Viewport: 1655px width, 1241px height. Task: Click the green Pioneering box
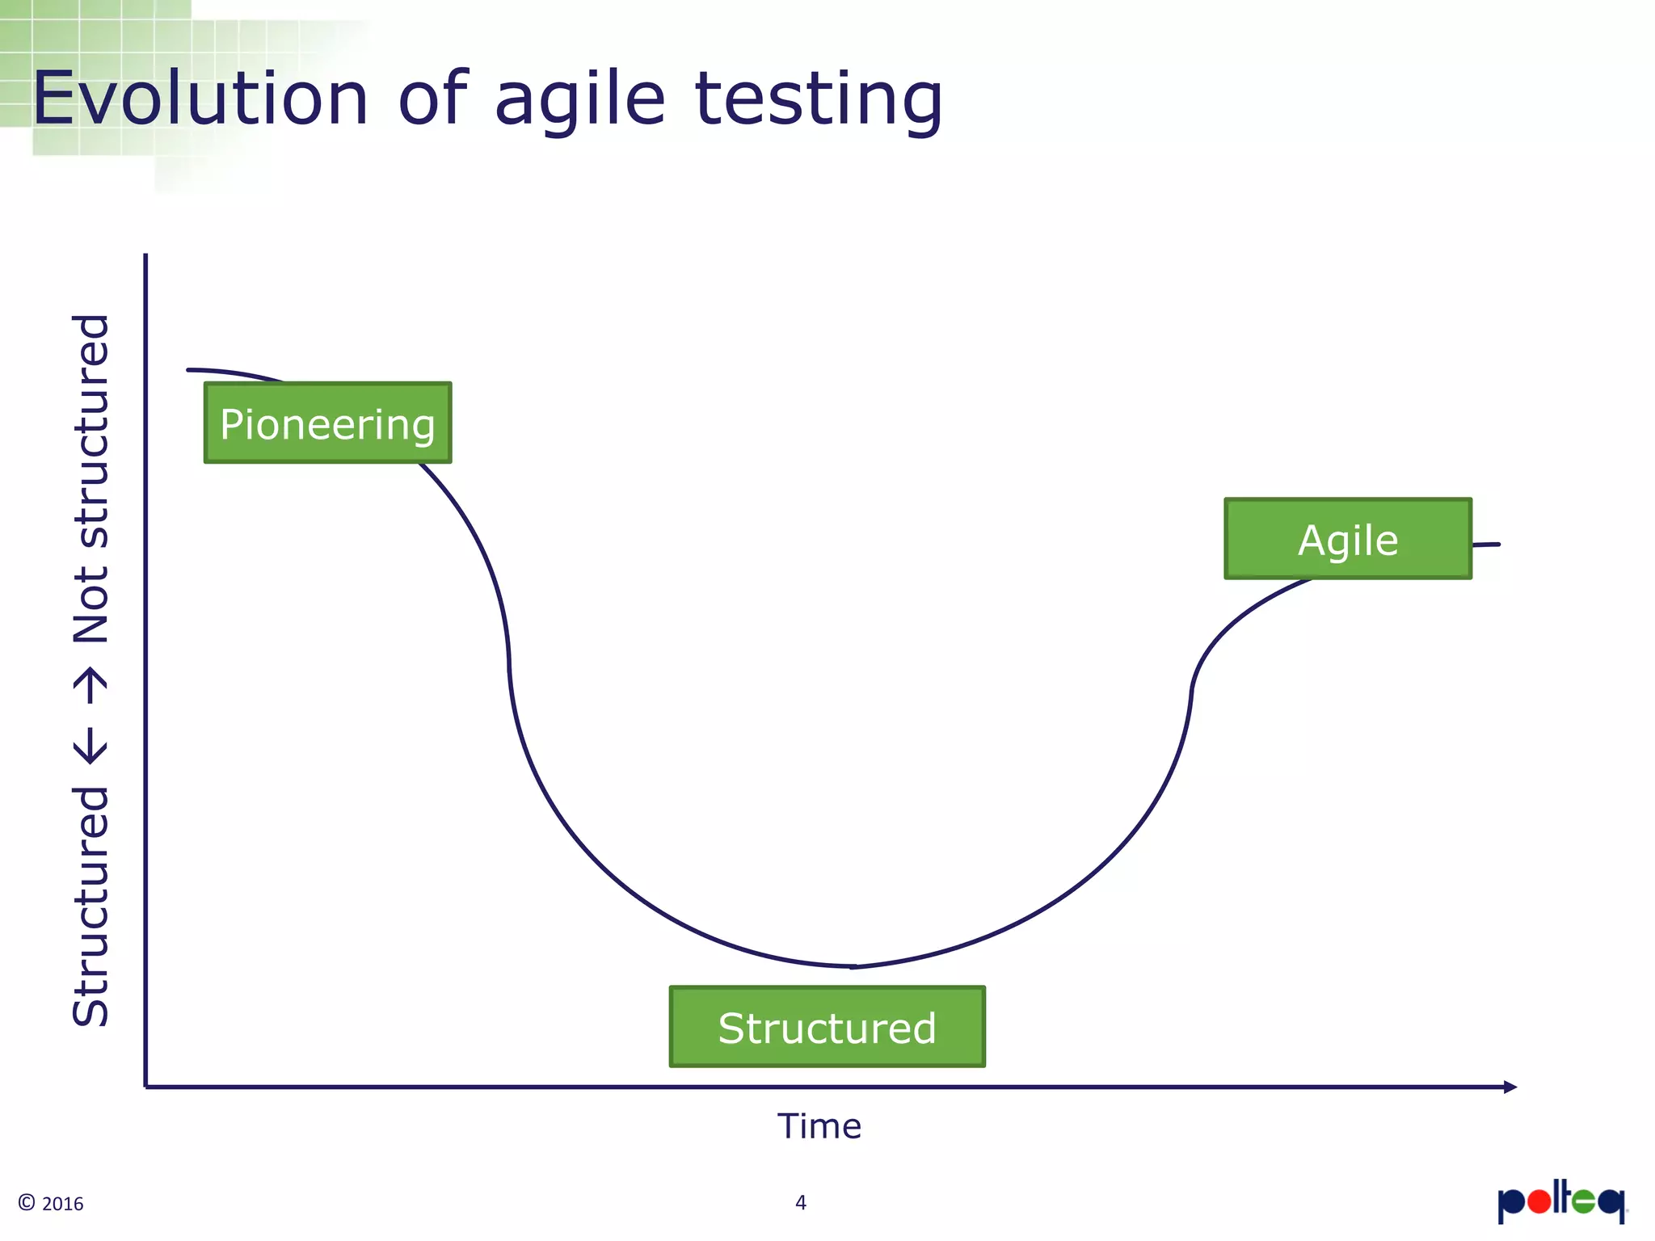[327, 423]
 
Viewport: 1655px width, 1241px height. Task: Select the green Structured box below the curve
[827, 1027]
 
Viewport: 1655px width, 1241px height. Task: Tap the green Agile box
[1347, 539]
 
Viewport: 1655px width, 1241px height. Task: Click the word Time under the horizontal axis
[819, 1126]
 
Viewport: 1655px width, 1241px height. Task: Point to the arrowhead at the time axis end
[1510, 1087]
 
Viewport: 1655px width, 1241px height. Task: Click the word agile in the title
[579, 100]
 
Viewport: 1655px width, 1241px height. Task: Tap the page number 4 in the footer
[800, 1202]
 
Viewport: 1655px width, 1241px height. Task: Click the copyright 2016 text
[51, 1203]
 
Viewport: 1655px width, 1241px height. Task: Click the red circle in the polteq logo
[1539, 1202]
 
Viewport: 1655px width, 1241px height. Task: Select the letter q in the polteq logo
[1611, 1204]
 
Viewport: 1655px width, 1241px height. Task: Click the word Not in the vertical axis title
[91, 604]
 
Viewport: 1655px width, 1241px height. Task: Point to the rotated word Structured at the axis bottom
[91, 905]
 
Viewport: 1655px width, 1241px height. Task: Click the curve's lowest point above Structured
[853, 966]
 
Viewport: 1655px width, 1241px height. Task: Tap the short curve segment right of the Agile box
[1486, 545]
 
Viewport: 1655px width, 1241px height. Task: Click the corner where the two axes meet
[145, 1087]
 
